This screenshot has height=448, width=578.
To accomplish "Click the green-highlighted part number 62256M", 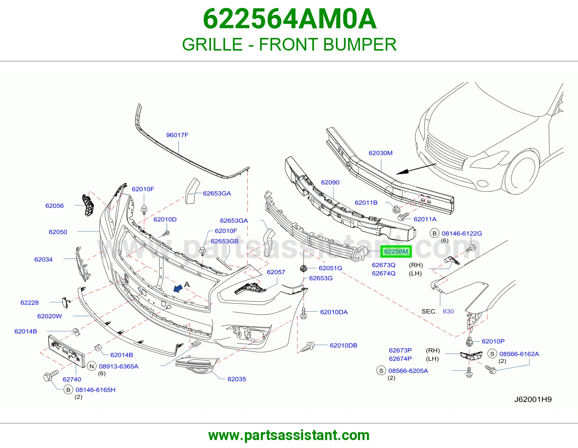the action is pyautogui.click(x=396, y=251).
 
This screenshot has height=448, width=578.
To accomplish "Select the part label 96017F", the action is pyautogui.click(x=177, y=135).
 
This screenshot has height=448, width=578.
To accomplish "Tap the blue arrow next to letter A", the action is pyautogui.click(x=178, y=288).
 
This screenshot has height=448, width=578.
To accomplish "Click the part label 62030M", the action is pyautogui.click(x=380, y=153).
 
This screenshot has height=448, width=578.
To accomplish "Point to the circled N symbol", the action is pyautogui.click(x=92, y=366).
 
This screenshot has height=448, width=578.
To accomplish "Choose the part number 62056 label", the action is pyautogui.click(x=55, y=206).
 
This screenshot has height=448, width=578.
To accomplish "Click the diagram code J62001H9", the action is pyautogui.click(x=533, y=399).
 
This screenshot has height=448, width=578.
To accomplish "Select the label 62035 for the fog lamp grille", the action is pyautogui.click(x=237, y=379).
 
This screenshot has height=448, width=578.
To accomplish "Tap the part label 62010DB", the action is pyautogui.click(x=344, y=345).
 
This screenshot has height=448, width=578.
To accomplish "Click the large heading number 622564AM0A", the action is pyautogui.click(x=289, y=19).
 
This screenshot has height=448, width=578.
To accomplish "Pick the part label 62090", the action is pyautogui.click(x=330, y=182).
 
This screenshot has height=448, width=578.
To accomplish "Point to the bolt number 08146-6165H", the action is pyautogui.click(x=95, y=390).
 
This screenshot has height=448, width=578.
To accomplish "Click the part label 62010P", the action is pyautogui.click(x=493, y=341).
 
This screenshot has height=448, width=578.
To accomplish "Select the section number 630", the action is pyautogui.click(x=448, y=311).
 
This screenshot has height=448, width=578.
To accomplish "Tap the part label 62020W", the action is pyautogui.click(x=49, y=316).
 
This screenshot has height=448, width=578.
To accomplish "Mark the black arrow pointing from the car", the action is pyautogui.click(x=416, y=169).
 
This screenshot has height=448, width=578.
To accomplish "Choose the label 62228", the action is pyautogui.click(x=30, y=302).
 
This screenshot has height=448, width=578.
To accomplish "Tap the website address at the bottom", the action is pyautogui.click(x=289, y=435).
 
